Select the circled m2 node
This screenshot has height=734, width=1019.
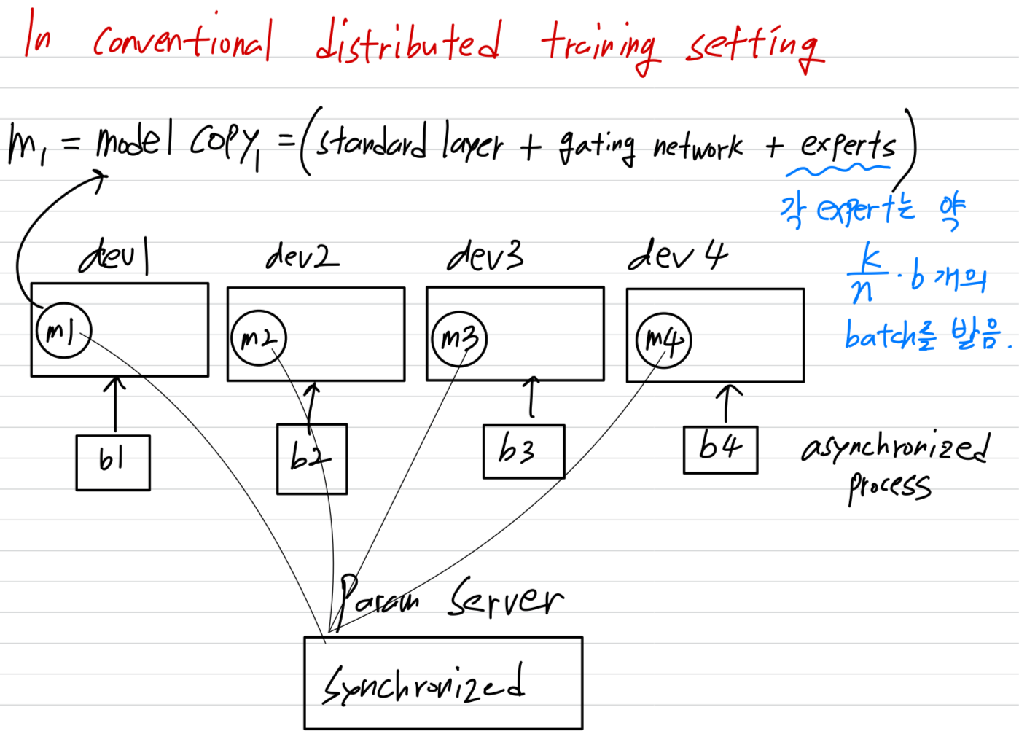point(259,338)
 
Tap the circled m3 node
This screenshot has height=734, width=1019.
point(458,339)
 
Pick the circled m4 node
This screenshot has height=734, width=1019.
point(663,340)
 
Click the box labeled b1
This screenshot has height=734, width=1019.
point(113,462)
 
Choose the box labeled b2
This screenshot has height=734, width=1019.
point(312,458)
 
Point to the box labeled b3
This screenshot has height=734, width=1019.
point(523,451)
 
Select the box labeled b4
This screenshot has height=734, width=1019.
point(720,449)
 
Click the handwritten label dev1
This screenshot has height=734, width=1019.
point(115,256)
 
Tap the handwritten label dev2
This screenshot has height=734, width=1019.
point(302,256)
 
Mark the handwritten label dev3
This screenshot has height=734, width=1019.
point(485,256)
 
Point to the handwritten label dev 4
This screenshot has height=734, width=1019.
point(677,256)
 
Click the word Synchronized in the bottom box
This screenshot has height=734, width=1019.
point(423,685)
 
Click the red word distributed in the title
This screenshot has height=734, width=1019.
point(408,42)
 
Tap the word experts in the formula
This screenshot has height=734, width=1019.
point(848,144)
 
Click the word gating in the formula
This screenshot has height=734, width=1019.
point(596,146)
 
